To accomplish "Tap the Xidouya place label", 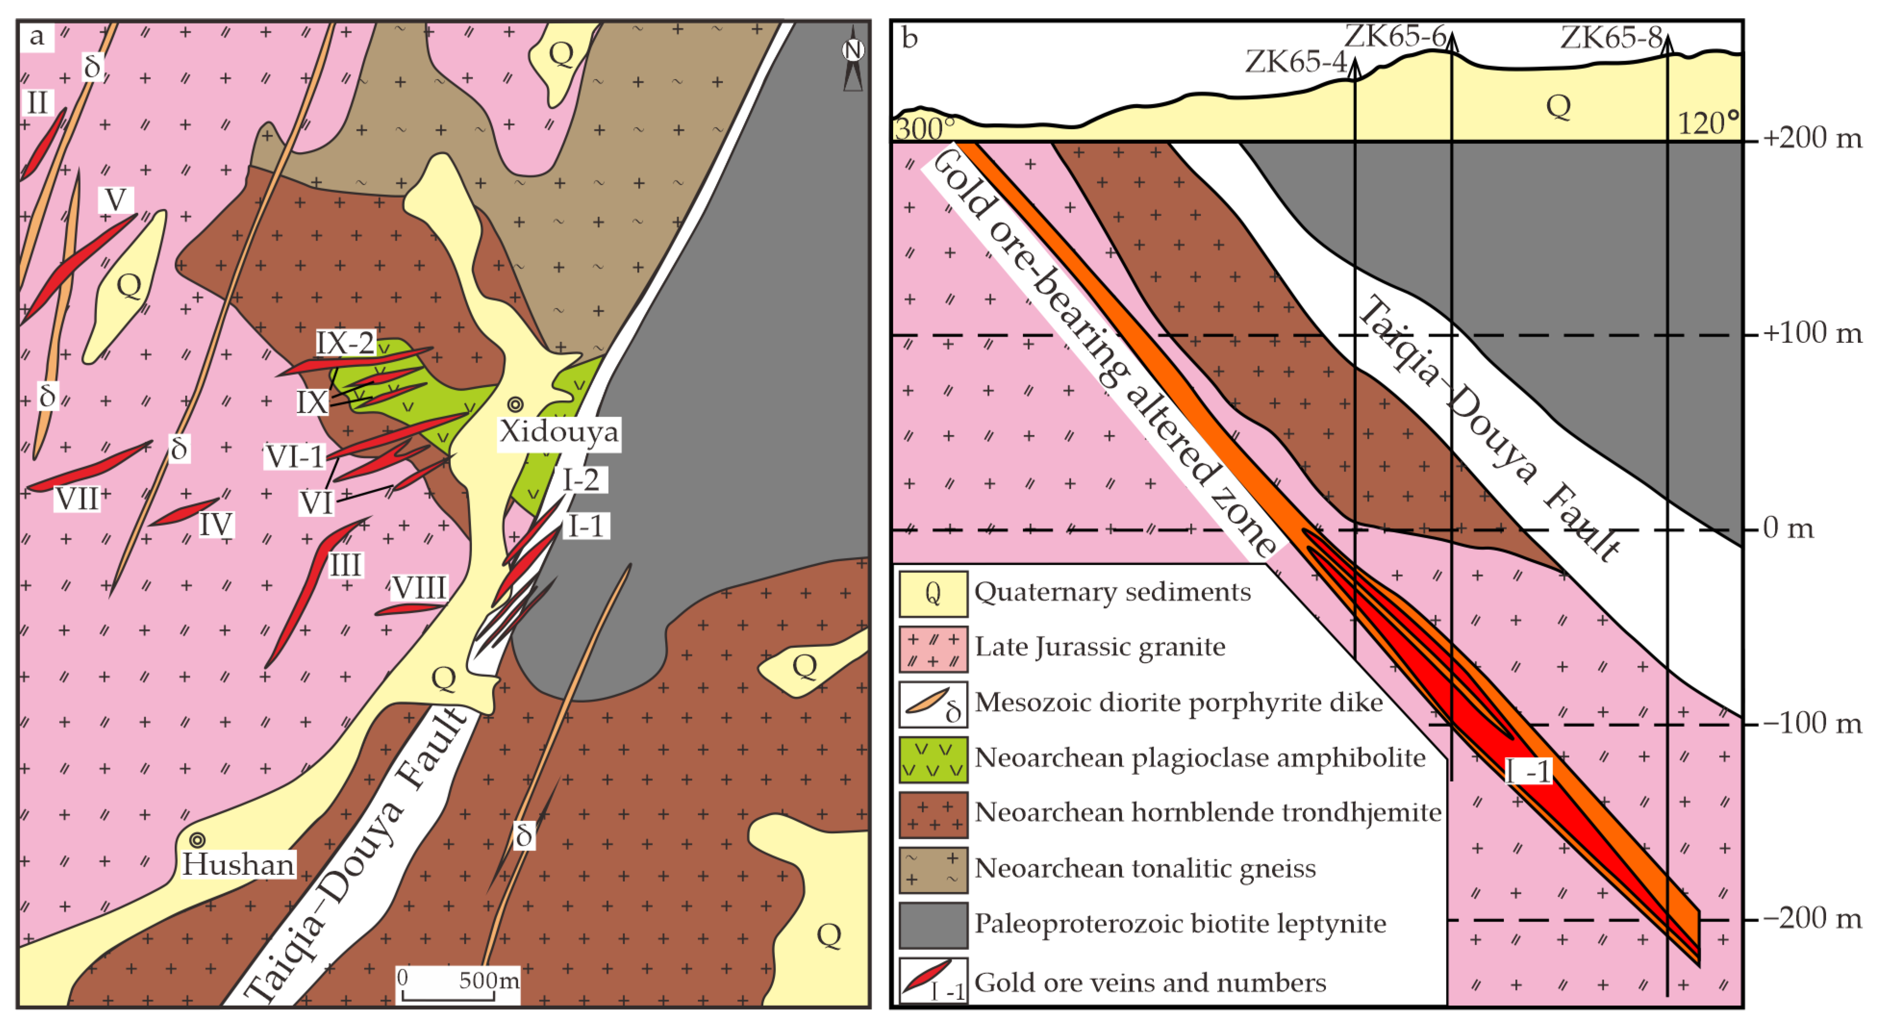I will tap(559, 431).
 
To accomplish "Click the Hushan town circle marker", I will tap(197, 840).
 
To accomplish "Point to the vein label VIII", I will tap(419, 587).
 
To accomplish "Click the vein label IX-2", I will tap(345, 342).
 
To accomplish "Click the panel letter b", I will tap(909, 38).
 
